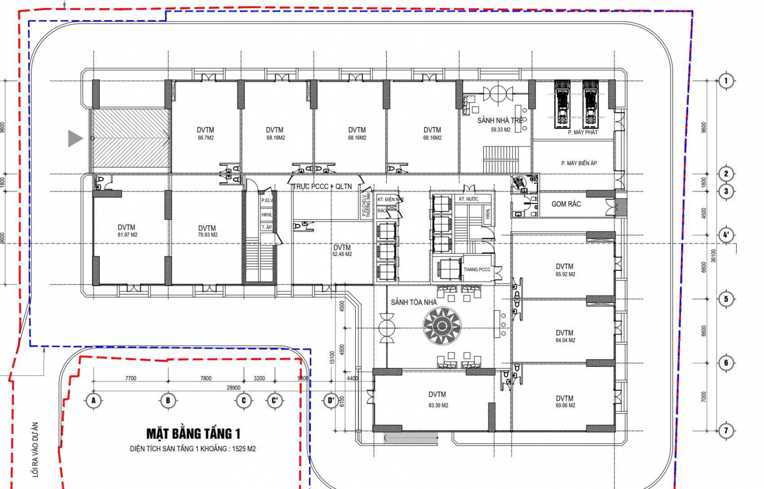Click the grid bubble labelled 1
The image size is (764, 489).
pyautogui.click(x=726, y=80)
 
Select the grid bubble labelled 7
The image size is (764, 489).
pyautogui.click(x=726, y=430)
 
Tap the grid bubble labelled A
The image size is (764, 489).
pyautogui.click(x=94, y=400)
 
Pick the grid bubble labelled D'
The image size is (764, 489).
pyautogui.click(x=330, y=400)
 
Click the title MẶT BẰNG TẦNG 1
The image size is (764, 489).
pyautogui.click(x=193, y=434)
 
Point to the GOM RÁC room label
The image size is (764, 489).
pyautogui.click(x=566, y=204)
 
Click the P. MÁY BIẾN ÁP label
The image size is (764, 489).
pyautogui.click(x=579, y=163)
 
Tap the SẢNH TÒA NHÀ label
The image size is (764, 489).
pyautogui.click(x=414, y=302)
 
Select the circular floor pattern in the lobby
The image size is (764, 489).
pyautogui.click(x=442, y=326)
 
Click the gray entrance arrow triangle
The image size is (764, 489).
pyautogui.click(x=74, y=138)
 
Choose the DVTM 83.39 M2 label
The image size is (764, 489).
pyautogui.click(x=437, y=399)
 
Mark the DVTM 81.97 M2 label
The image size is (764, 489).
pyautogui.click(x=127, y=231)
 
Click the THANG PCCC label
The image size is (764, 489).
pyautogui.click(x=477, y=269)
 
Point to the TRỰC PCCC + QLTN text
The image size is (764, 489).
pyautogui.click(x=322, y=186)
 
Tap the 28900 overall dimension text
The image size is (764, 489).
pyautogui.click(x=233, y=388)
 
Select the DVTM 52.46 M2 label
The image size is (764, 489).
pyautogui.click(x=342, y=250)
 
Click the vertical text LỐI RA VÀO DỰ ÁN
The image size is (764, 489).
pyautogui.click(x=35, y=449)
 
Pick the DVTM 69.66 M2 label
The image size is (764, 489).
pyautogui.click(x=565, y=401)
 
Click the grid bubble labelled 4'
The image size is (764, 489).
pyautogui.click(x=726, y=234)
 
